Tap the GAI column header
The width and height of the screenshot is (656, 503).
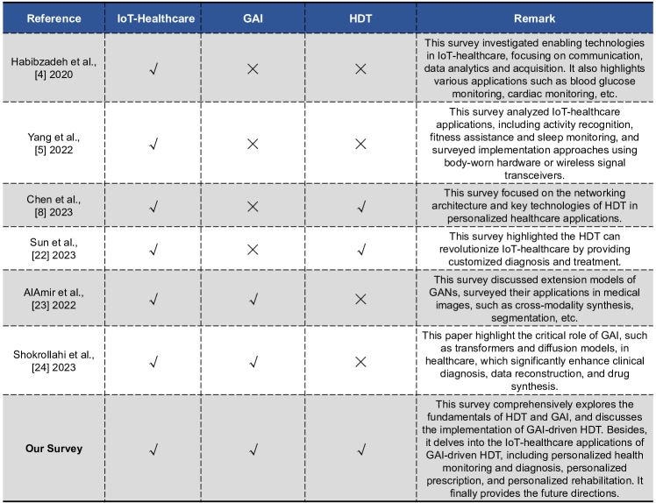(x=257, y=18)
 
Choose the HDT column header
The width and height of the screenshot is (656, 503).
(x=360, y=18)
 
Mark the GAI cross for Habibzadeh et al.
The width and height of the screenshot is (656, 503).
(x=257, y=67)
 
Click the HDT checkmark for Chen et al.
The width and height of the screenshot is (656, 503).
(x=360, y=206)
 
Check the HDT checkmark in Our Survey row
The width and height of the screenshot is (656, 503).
(x=360, y=450)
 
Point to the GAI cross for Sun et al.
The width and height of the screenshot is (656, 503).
(x=257, y=248)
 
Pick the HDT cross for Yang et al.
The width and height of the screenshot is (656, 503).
(x=360, y=143)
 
